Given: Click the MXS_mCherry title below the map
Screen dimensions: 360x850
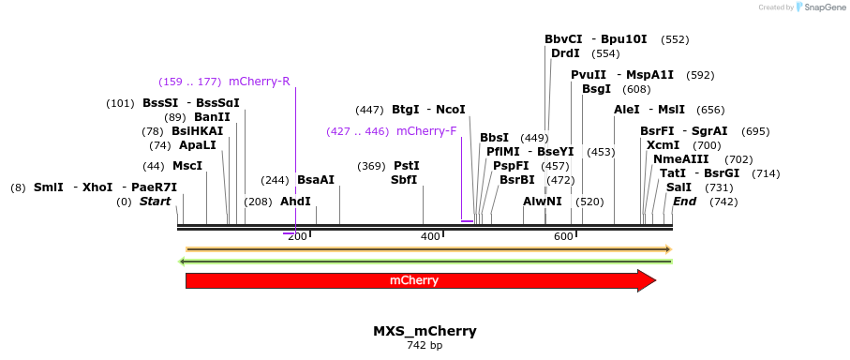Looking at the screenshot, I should [x=425, y=331].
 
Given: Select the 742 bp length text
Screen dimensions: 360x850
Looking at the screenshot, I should [x=425, y=346].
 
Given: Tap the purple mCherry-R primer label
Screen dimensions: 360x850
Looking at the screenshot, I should [x=260, y=82].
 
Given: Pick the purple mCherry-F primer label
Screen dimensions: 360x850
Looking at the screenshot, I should [x=426, y=131].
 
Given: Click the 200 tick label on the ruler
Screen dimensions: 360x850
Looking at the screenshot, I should [x=297, y=236].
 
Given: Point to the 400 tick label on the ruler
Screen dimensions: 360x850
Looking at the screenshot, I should [x=430, y=236].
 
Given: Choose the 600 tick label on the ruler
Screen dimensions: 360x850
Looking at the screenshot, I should [x=563, y=236].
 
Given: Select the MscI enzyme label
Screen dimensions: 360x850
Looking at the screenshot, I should [x=187, y=166].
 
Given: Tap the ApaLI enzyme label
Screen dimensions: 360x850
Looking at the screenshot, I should [x=197, y=145].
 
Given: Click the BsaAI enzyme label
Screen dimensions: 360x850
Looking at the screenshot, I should [x=316, y=180].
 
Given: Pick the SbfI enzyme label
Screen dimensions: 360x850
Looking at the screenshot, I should [x=404, y=180].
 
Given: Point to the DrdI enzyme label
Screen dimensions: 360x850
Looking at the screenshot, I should [x=565, y=53].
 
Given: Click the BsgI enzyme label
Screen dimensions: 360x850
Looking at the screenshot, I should [x=596, y=89].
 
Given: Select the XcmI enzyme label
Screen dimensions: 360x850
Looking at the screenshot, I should [x=663, y=145].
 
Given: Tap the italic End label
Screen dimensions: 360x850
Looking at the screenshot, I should [x=684, y=202].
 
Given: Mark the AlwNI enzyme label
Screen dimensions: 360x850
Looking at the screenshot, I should [x=543, y=202].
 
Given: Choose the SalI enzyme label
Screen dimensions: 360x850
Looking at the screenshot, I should [x=679, y=187].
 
